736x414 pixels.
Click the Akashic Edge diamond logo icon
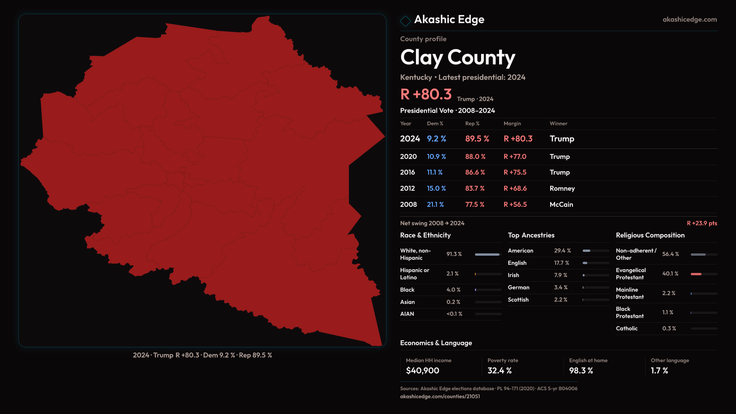(x=405, y=21)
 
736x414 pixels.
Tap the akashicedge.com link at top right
(x=690, y=20)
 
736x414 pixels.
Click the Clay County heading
(x=457, y=58)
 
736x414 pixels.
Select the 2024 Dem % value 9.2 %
(x=436, y=139)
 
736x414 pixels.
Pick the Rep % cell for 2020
(x=475, y=157)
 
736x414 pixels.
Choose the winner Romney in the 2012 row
(x=562, y=189)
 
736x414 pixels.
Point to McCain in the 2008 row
(x=561, y=205)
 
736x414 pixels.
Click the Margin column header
(x=512, y=123)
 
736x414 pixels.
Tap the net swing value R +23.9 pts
(x=701, y=223)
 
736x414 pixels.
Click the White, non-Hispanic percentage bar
(x=488, y=255)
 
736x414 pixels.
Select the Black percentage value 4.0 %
(x=453, y=290)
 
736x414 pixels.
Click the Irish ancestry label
(x=513, y=275)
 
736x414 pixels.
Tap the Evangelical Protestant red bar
(x=696, y=274)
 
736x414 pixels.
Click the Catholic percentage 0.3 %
(x=669, y=329)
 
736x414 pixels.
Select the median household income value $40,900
(x=422, y=371)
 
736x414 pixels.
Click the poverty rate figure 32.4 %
(x=499, y=371)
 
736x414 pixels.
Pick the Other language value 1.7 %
(x=659, y=371)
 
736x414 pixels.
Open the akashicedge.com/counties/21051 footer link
(x=440, y=396)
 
